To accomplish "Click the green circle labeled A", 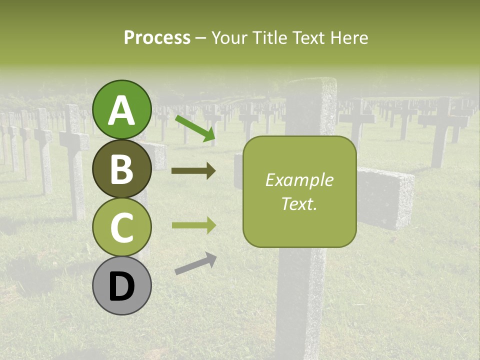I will coord(122,109).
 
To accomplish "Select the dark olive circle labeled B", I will coord(122,168).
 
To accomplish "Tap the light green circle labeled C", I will coord(122,227).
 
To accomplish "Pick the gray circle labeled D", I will coord(122,285).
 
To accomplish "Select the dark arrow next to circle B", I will coord(193,171).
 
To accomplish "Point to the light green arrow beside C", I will coord(193,225).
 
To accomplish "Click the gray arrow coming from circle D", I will coord(195,263).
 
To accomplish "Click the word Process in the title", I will coord(157,38).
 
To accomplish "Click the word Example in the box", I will coord(299,180).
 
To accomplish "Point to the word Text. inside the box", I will coord(299,203).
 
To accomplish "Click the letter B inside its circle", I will coord(121,169).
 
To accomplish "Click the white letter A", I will coord(121,110).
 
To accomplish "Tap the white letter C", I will coord(121,227).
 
